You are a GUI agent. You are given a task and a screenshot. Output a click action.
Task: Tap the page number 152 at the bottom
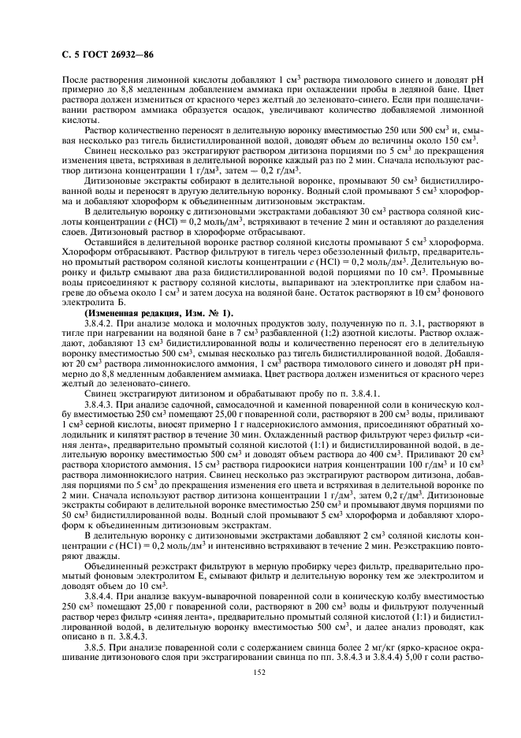tap(259, 672)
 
